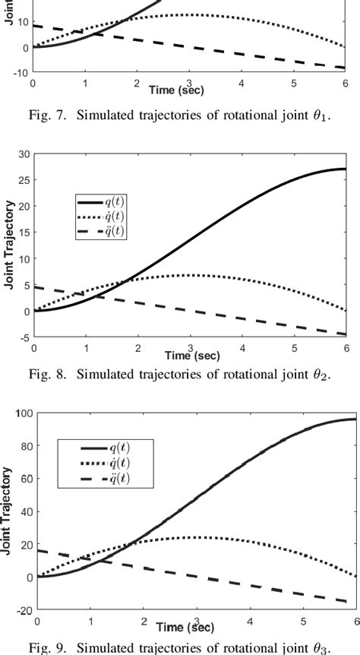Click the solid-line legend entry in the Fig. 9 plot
point(106,448)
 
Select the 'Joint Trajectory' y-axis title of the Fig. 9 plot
point(8,511)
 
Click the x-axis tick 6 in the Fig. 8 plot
point(346,347)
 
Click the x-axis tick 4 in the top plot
point(242,83)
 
